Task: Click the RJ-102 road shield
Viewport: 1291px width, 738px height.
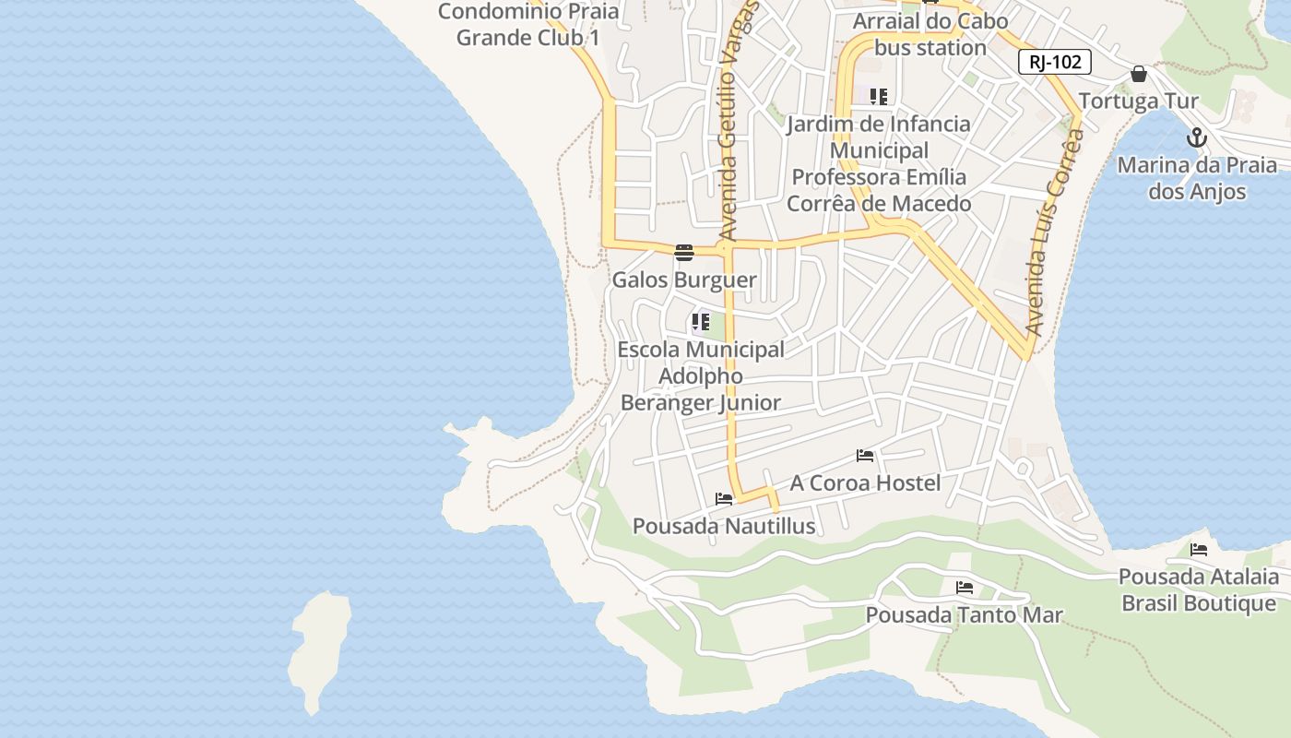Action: (x=1055, y=62)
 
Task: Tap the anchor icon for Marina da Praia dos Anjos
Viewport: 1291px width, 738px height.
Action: (x=1196, y=138)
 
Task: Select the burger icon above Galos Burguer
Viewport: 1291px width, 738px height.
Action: (x=683, y=253)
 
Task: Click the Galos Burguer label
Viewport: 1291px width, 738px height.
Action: (x=684, y=280)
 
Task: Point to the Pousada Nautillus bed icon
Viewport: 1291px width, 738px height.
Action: (x=724, y=499)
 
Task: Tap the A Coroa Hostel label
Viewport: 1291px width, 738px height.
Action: (x=865, y=483)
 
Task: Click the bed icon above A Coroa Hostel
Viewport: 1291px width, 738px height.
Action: (x=865, y=456)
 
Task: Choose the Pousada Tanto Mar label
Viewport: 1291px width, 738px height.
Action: (x=964, y=615)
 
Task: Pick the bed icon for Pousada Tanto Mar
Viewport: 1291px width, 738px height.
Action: (x=965, y=588)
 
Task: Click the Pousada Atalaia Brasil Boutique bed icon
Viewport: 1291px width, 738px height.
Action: (x=1199, y=550)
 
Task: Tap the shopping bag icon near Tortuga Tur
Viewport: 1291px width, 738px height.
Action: (x=1139, y=74)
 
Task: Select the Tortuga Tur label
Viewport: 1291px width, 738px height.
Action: (x=1138, y=101)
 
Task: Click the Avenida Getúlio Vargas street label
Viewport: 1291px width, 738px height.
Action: (x=735, y=120)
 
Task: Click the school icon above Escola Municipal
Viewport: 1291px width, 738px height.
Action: (x=700, y=322)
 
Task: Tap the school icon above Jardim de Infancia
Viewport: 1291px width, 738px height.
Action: (x=878, y=97)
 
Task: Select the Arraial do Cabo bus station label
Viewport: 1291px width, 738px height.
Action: (x=930, y=34)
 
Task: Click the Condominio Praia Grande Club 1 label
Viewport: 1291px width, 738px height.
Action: (x=528, y=24)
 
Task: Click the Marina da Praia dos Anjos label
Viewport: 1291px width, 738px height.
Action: (x=1197, y=179)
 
